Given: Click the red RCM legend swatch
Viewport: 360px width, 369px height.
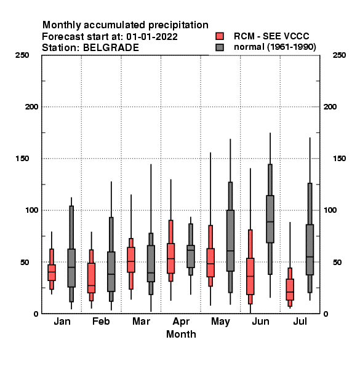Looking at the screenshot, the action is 220,36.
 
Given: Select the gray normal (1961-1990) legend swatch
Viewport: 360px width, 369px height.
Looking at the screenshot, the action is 220,47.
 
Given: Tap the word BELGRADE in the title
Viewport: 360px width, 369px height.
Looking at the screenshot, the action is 111,47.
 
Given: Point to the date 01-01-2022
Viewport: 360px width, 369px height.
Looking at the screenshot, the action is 152,36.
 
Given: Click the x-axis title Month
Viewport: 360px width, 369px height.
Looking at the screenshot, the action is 181,334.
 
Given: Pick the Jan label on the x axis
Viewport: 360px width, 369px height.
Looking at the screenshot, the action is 62,321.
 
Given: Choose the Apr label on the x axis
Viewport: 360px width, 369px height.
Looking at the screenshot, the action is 181,322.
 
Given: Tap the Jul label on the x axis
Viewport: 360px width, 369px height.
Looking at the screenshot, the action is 300,321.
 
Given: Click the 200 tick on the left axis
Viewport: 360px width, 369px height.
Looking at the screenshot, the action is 32,107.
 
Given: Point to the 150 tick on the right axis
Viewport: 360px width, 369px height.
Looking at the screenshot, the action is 339,159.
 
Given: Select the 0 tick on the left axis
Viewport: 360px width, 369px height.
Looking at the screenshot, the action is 36,314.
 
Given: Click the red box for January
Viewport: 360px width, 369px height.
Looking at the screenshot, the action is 52,272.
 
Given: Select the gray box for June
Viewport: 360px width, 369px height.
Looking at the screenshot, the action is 270,219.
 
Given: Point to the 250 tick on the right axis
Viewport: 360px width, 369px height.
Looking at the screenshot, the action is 339,55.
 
